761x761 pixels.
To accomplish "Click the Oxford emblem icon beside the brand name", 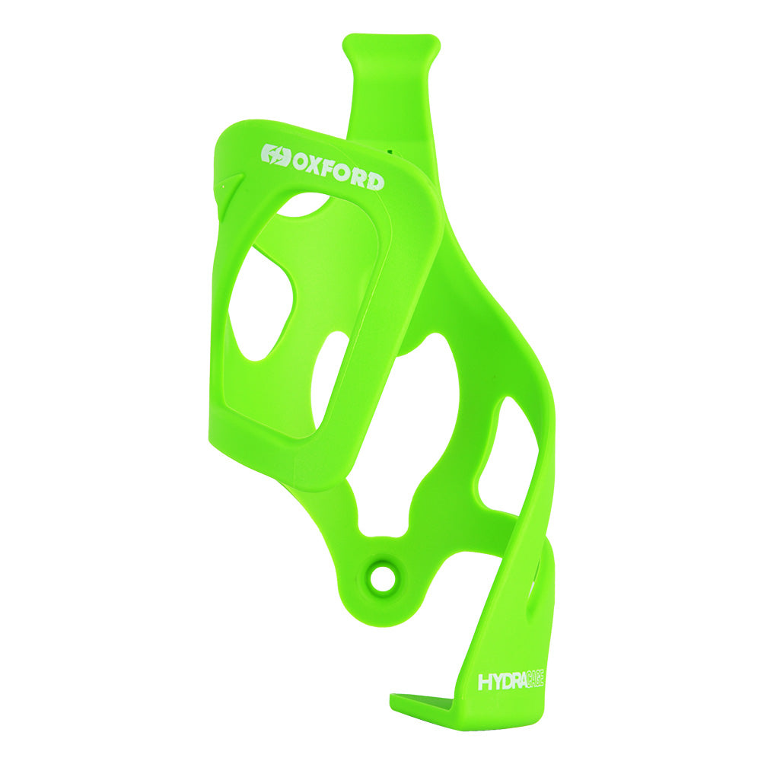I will pos(275,156).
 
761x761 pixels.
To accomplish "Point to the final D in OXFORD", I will pos(375,181).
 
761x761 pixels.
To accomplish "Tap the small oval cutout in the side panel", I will pos(328,380).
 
